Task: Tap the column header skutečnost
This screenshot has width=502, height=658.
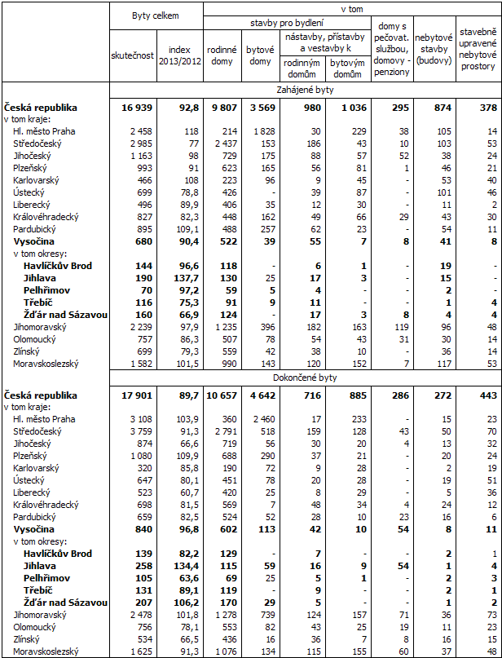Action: (x=132, y=55)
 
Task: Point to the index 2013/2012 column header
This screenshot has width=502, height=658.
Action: (x=178, y=55)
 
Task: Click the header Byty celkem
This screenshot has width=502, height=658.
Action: (x=155, y=15)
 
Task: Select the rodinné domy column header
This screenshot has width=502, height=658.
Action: (x=221, y=55)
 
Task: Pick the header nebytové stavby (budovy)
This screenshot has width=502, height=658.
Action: (x=434, y=49)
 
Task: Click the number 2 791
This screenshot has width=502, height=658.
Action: (x=222, y=431)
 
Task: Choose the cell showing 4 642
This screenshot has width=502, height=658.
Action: (x=262, y=395)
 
